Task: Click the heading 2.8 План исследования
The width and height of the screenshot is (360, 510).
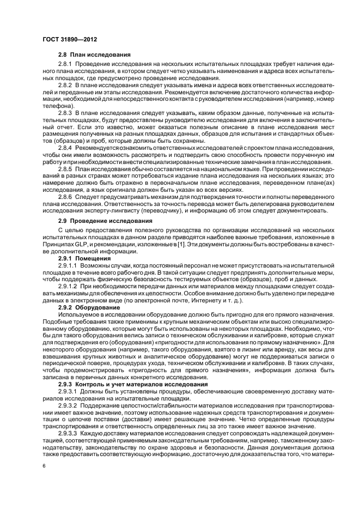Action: [94, 56]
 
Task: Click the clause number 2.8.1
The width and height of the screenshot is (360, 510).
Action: [65, 65]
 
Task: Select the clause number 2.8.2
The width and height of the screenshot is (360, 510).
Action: [65, 86]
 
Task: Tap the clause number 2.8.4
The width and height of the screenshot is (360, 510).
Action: [65, 148]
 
